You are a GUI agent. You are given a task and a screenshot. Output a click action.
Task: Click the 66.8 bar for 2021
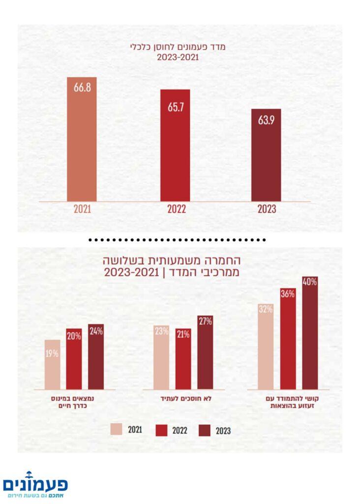point(82,139)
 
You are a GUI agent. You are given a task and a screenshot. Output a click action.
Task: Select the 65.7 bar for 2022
point(175,145)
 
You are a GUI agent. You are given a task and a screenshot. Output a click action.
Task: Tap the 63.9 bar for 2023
point(266,155)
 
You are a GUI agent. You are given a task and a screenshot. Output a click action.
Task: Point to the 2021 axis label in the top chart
point(82,209)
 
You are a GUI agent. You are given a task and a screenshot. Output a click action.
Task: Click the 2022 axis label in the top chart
point(176,209)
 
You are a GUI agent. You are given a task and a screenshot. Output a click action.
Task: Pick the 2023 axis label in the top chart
point(267,209)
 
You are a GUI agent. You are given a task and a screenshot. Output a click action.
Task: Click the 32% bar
point(266,346)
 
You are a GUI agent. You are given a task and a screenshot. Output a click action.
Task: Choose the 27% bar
point(206,352)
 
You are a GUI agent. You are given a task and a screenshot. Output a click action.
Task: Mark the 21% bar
point(183,359)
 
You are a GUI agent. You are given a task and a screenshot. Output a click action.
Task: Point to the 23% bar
point(161,357)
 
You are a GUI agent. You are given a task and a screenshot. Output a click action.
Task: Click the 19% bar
point(53,364)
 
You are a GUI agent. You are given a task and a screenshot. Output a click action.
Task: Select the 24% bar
point(96,356)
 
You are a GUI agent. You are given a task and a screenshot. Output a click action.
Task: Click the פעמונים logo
point(35,485)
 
